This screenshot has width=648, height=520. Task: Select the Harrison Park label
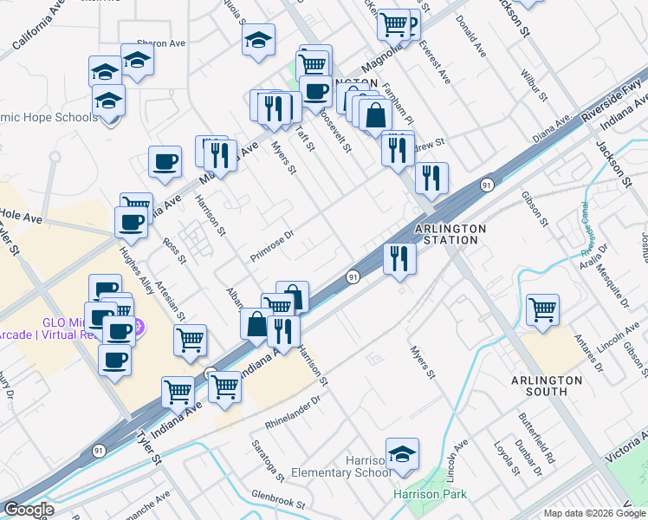[430, 495]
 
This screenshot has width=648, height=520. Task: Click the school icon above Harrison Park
[402, 454]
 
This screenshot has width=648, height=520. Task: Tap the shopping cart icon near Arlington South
[542, 309]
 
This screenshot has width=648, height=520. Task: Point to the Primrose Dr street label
[273, 245]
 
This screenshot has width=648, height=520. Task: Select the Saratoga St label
[268, 460]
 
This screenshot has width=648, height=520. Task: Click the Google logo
[29, 510]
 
